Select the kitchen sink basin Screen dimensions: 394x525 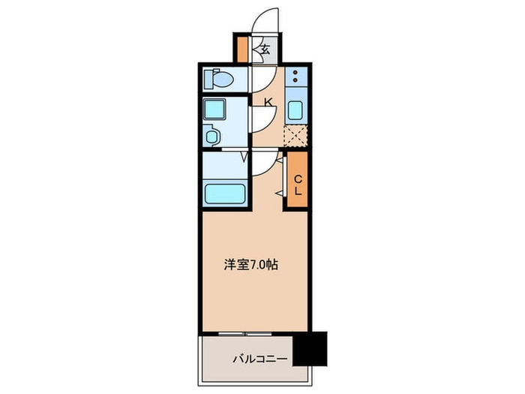(x=295, y=110)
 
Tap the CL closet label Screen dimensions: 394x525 (x=297, y=185)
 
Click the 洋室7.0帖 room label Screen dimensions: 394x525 (x=252, y=265)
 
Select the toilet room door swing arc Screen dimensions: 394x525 (x=261, y=77)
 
